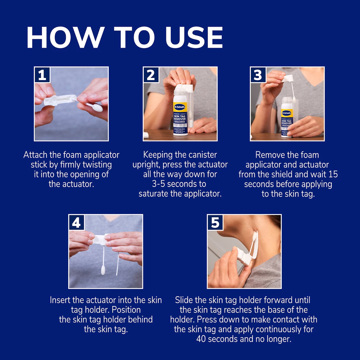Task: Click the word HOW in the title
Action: click(65, 38)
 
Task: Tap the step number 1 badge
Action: click(42, 75)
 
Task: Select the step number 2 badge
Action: click(151, 75)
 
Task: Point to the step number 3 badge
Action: click(258, 75)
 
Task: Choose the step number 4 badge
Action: click(77, 222)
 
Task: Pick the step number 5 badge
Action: click(215, 222)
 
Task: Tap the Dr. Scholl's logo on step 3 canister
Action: click(286, 113)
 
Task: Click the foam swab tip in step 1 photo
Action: click(95, 107)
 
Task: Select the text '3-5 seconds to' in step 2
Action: click(179, 184)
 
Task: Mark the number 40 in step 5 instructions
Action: click(201, 339)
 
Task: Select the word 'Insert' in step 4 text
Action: click(60, 300)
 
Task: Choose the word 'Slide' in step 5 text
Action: click(184, 300)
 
